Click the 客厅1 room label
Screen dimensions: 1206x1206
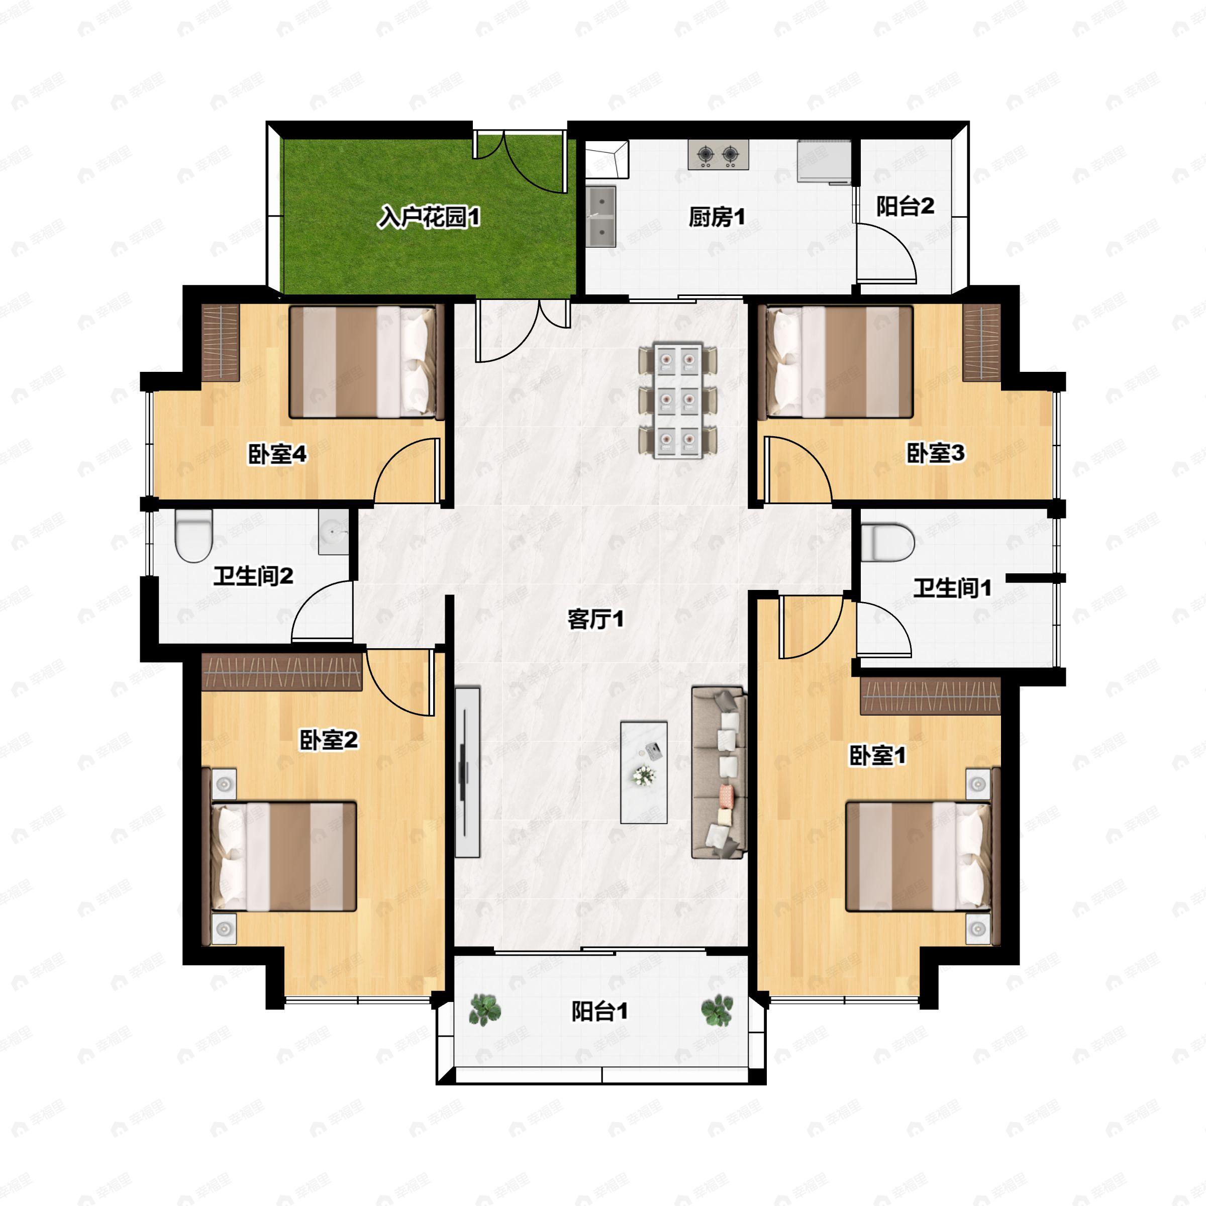[595, 619]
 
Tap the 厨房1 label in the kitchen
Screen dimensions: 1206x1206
[717, 217]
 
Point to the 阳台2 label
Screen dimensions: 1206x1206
[904, 206]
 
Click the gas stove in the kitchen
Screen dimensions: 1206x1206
[718, 154]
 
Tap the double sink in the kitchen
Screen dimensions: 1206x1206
[601, 216]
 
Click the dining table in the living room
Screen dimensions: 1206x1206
[677, 400]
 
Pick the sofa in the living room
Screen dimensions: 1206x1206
[719, 772]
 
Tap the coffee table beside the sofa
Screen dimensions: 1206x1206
[644, 772]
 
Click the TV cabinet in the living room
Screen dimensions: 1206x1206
[467, 772]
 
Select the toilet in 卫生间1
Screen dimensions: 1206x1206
[887, 543]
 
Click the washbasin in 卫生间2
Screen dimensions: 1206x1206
[333, 532]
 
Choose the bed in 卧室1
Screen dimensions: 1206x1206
[918, 856]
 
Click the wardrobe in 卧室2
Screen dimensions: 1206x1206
[281, 672]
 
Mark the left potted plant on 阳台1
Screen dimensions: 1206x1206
[484, 1010]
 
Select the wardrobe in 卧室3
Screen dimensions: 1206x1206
[981, 343]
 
